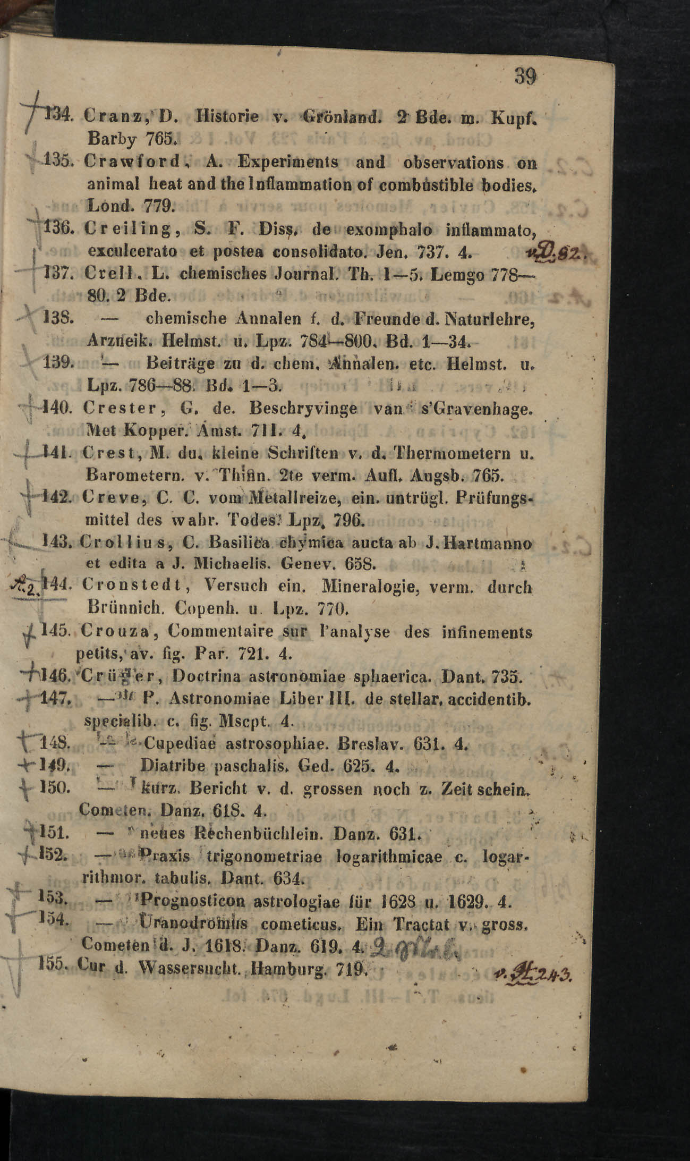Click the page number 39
(x=525, y=77)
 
